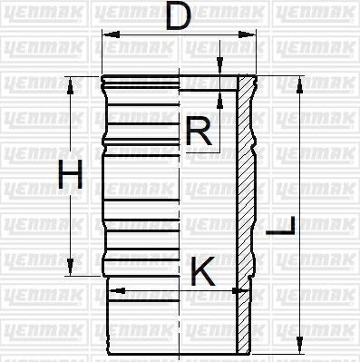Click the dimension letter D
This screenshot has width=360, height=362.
[x=178, y=16]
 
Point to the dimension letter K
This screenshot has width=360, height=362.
[x=203, y=270]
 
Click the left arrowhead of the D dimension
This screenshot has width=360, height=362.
[x=107, y=34]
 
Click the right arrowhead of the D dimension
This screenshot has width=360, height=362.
[x=250, y=34]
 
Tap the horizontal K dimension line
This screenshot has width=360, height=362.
[x=172, y=291]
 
